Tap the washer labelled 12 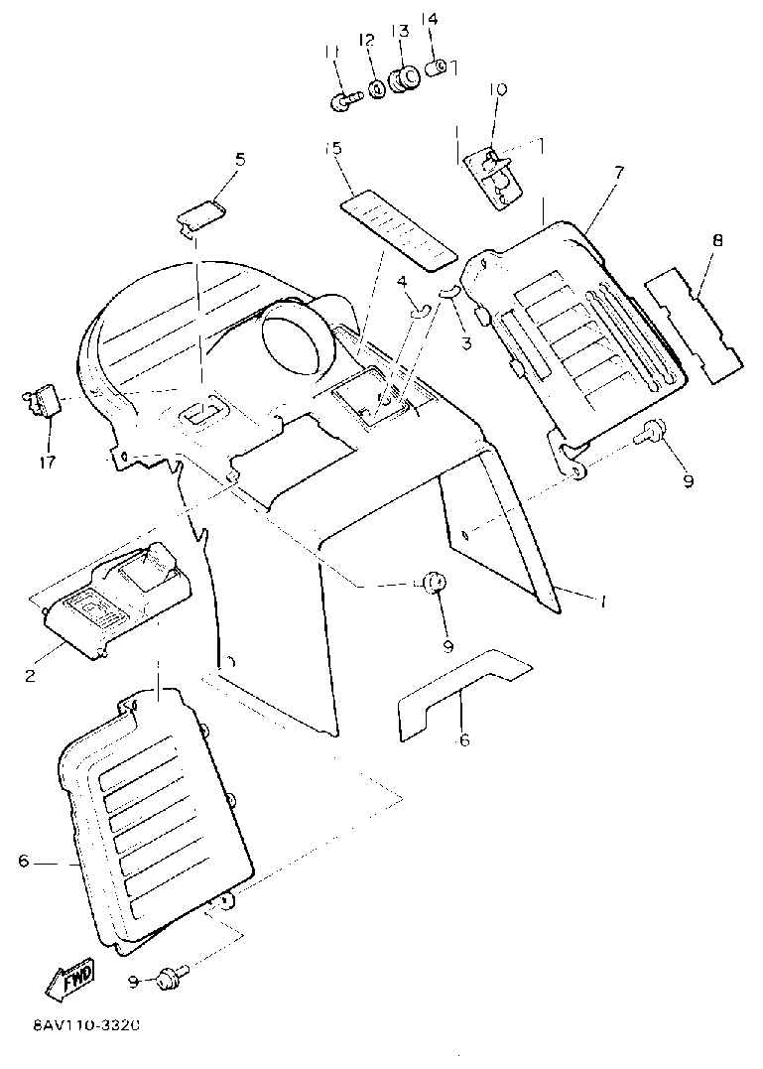(x=378, y=89)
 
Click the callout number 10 (x=497, y=89)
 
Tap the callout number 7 (x=618, y=172)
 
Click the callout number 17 (x=48, y=462)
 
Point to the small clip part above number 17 (x=43, y=401)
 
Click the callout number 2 (x=30, y=676)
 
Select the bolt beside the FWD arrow (x=170, y=979)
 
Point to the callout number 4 (x=402, y=282)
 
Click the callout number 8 (x=717, y=240)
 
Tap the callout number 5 (x=239, y=159)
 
